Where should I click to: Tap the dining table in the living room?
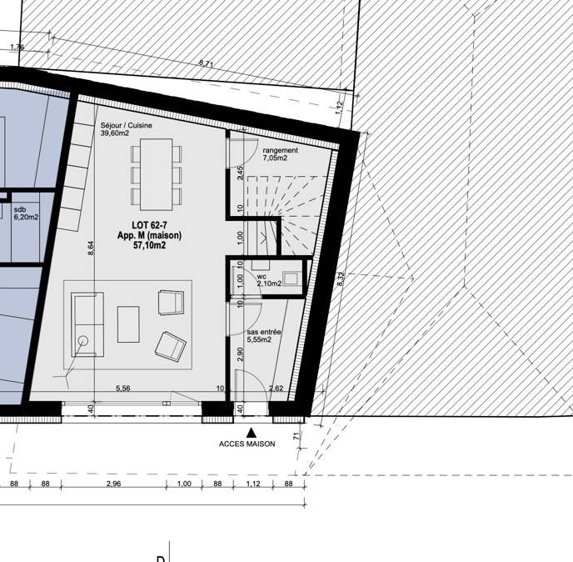pos(157,174)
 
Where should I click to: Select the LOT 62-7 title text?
pos(149,225)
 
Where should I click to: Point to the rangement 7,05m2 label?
pos(281,154)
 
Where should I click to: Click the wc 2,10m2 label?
pos(269,280)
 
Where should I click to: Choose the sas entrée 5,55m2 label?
pos(264,335)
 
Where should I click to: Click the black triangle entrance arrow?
pos(251,433)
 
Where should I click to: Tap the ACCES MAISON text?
pos(247,444)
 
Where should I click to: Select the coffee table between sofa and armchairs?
pos(128,324)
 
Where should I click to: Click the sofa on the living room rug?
pos(87,324)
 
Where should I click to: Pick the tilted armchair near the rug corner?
pos(171,346)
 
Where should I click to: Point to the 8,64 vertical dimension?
pos(91,248)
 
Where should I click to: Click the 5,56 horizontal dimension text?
pos(123,389)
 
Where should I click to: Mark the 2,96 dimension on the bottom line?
pos(113,484)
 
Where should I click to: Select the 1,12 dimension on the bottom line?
pos(253,484)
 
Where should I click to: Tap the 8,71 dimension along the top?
pos(207,63)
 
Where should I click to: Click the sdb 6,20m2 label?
pos(26,213)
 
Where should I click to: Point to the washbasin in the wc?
pos(291,278)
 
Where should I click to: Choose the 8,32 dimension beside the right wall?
pos(341,279)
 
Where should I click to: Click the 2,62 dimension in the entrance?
pos(276,389)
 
